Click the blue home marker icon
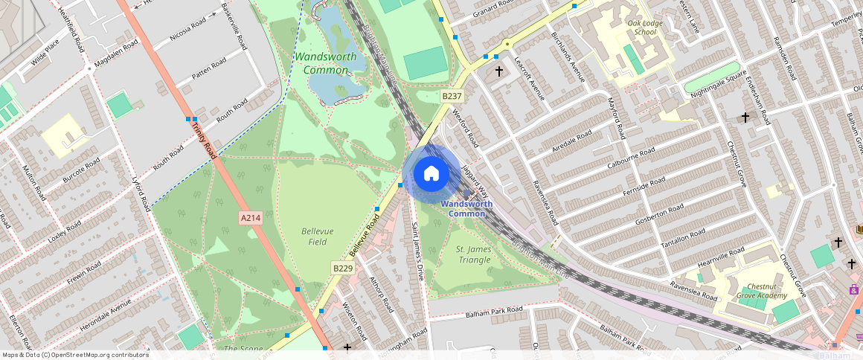[431, 174]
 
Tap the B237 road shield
[452, 96]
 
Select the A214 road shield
[250, 218]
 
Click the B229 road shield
[342, 268]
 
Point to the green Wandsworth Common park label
[325, 63]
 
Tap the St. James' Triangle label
[473, 254]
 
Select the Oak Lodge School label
[642, 28]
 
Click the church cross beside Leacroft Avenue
[498, 71]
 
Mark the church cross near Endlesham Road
[745, 118]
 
